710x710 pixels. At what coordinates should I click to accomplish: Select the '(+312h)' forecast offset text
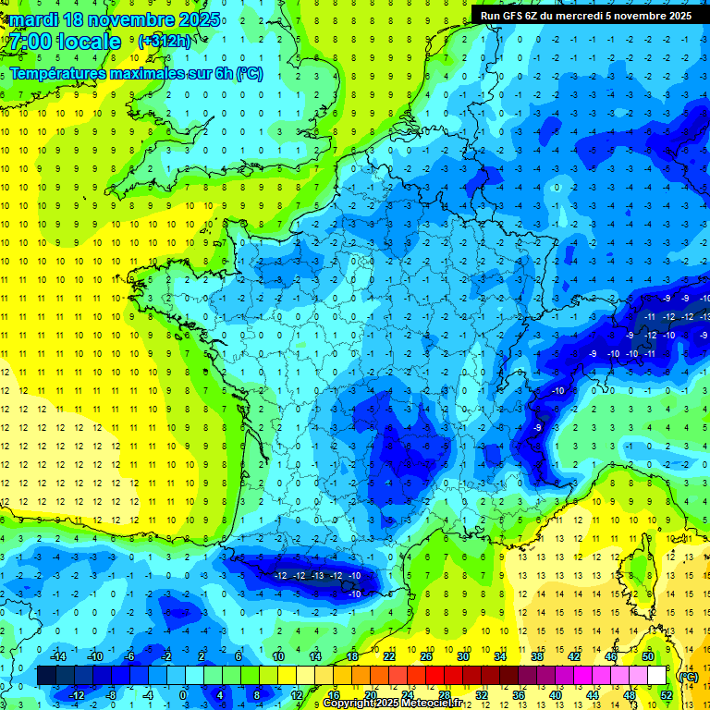165,41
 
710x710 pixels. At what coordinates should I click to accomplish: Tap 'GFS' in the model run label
517,16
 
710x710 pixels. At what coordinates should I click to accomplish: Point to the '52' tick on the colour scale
667,695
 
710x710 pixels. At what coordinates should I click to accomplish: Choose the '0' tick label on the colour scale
182,695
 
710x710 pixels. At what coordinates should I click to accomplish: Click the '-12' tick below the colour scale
78,695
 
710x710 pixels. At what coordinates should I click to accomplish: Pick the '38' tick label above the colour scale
536,656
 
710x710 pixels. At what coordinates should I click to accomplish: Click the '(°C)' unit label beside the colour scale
688,676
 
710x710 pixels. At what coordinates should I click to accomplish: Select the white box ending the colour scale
656,676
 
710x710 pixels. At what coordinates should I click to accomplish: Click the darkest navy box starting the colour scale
46,676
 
